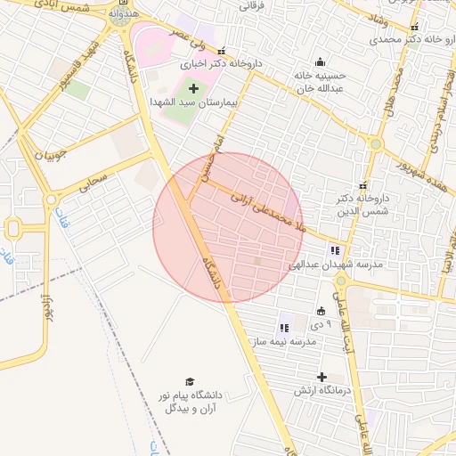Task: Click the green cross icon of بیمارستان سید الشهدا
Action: [193, 87]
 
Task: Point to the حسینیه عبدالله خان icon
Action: [321, 62]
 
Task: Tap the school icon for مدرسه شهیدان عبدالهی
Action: [335, 251]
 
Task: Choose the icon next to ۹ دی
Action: [321, 311]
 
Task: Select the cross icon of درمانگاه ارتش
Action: [322, 378]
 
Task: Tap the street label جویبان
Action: [52, 156]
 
